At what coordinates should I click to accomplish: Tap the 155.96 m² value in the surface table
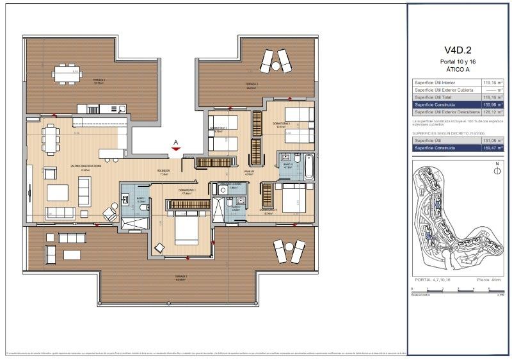pyautogui.click(x=491, y=104)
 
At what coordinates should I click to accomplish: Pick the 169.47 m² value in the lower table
pyautogui.click(x=491, y=148)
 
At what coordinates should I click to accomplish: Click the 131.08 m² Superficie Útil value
pyautogui.click(x=491, y=140)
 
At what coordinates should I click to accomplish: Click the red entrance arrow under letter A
pyautogui.click(x=176, y=149)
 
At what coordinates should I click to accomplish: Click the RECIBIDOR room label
pyautogui.click(x=164, y=171)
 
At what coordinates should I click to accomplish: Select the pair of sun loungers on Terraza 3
pyautogui.click(x=276, y=61)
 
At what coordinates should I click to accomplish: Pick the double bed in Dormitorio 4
pyautogui.click(x=292, y=195)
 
